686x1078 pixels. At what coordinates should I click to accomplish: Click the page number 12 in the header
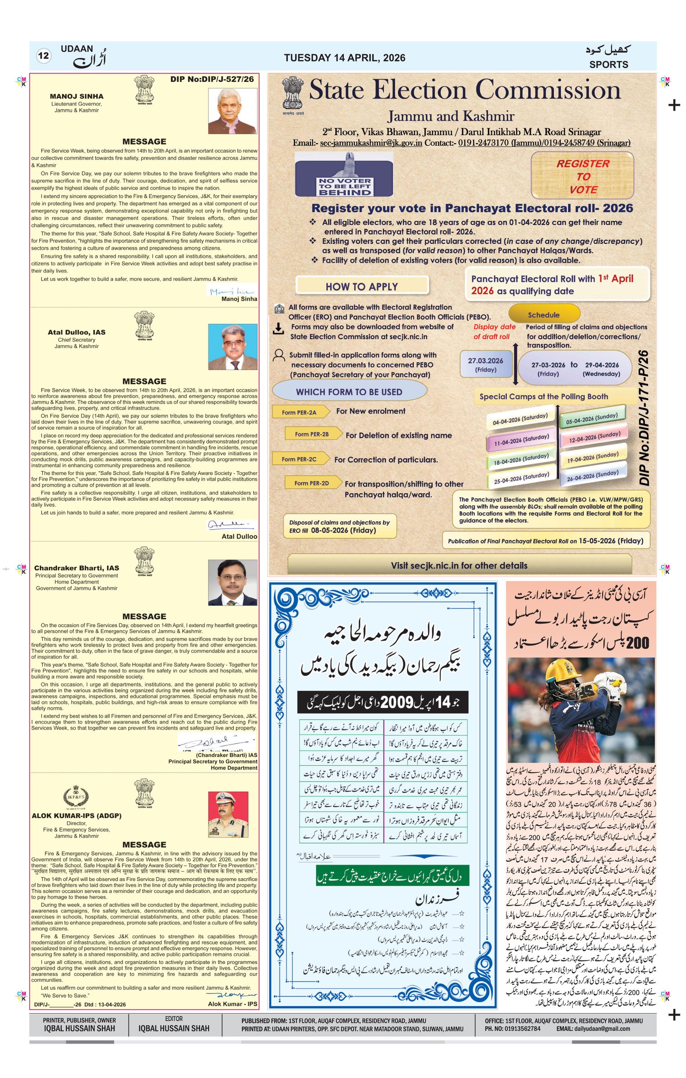point(43,56)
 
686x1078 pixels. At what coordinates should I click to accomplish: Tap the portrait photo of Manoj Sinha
point(233,111)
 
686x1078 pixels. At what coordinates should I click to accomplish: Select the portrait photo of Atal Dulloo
point(233,346)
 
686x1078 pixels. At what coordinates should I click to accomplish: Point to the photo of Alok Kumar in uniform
point(228,814)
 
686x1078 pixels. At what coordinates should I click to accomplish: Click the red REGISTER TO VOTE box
point(582,176)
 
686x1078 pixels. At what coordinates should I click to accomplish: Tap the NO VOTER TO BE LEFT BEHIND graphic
point(344,175)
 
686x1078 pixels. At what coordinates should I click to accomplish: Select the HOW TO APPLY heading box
point(361,286)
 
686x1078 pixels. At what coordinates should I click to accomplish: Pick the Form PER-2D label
point(311,483)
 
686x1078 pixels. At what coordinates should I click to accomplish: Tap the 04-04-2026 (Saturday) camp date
point(520,419)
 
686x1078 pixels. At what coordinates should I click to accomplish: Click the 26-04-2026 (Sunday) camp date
point(593,475)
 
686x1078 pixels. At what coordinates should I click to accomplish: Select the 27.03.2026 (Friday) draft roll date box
point(485,364)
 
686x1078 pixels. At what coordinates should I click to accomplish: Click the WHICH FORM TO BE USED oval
point(349,392)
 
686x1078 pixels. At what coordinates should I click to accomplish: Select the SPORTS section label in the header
point(608,64)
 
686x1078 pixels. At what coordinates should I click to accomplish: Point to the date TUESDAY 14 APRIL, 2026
point(344,58)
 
